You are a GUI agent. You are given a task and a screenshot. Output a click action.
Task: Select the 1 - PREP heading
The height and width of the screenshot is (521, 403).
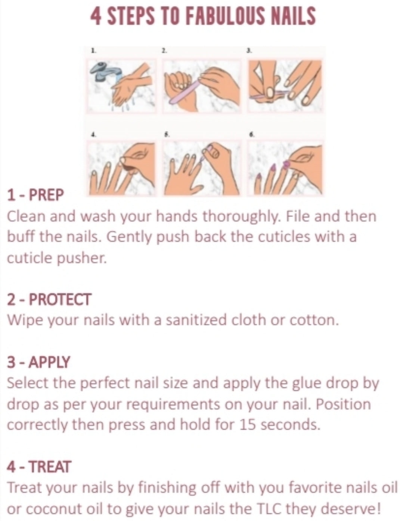(x=35, y=195)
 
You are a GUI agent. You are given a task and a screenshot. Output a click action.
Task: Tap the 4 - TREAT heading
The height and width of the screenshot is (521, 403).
(x=39, y=467)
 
